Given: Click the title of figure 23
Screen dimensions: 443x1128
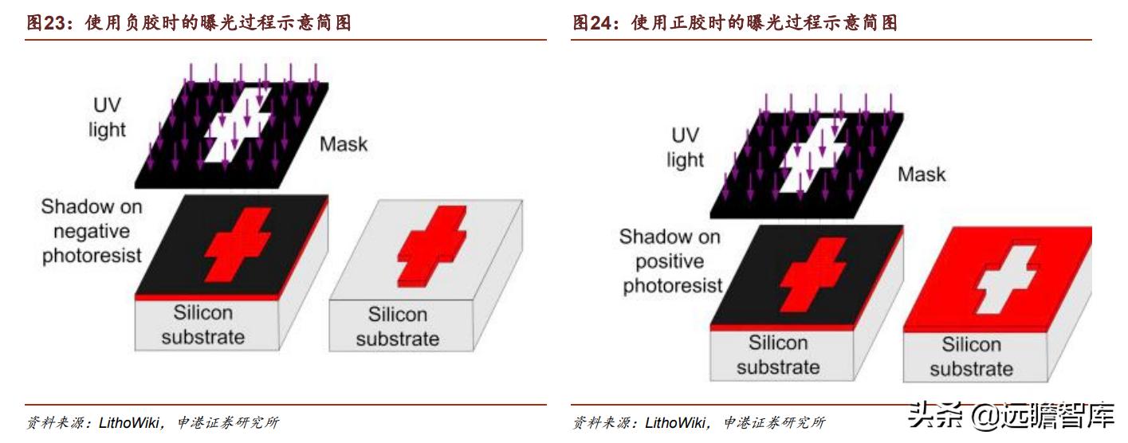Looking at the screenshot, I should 189,23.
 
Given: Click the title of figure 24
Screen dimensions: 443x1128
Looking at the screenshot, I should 735,23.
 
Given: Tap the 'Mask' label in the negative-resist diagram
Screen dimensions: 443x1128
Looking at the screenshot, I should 344,144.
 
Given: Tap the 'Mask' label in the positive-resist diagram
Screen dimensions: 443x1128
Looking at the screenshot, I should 922,174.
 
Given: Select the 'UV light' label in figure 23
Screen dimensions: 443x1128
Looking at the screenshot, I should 107,116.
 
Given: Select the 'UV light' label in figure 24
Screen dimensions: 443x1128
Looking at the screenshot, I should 685,147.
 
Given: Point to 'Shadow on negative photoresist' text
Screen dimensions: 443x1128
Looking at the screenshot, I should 92,231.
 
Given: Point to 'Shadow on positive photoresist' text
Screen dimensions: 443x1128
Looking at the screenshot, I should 671,261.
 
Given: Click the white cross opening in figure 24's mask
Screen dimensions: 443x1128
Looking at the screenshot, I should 812,158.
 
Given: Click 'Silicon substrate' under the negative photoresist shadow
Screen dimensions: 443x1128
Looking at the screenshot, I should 202,325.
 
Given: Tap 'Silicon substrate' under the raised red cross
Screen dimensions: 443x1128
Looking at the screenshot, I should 397,327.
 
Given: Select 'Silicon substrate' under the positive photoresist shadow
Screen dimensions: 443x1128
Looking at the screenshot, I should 777,355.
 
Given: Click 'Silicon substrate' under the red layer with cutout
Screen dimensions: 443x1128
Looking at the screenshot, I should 971,356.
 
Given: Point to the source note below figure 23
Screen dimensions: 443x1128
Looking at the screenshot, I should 151,422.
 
